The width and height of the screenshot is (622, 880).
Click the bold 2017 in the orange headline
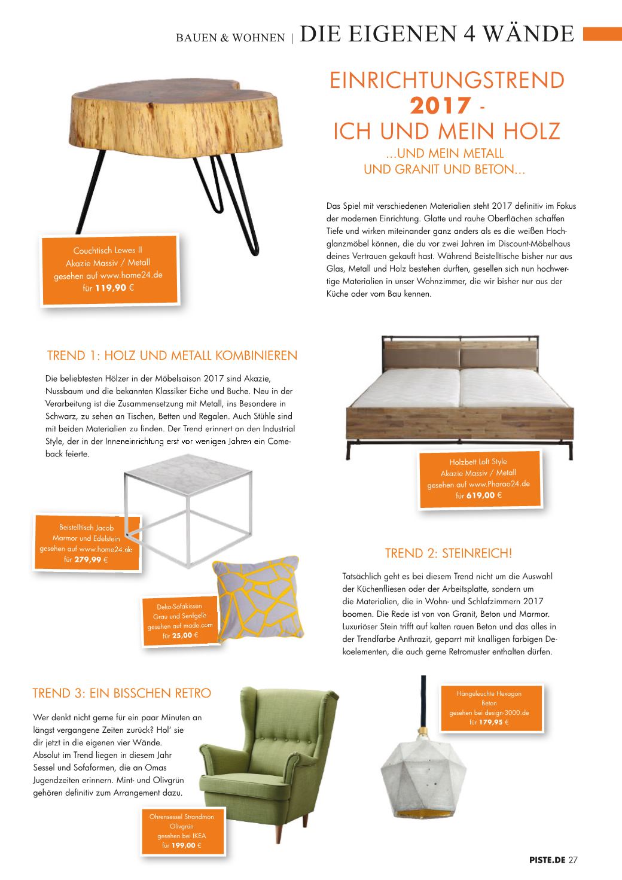coord(440,106)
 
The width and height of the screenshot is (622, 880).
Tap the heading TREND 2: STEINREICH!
coord(449,553)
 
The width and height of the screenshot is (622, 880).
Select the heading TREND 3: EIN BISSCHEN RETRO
coord(121,693)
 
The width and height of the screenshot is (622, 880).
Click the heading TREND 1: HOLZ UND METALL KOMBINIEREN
coord(172,355)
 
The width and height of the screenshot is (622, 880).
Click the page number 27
coord(573,860)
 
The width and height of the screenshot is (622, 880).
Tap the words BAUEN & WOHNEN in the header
coord(230,38)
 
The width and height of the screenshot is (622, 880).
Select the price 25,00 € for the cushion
coord(181,635)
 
